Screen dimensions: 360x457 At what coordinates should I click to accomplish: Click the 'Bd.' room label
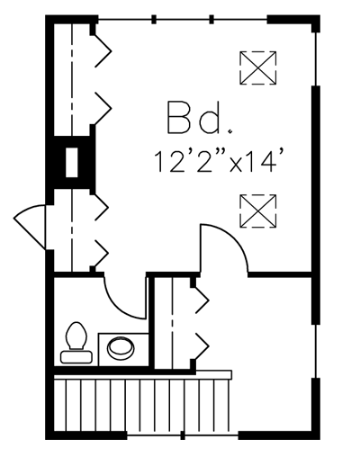(199, 118)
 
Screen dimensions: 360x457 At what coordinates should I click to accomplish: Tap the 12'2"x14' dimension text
(219, 162)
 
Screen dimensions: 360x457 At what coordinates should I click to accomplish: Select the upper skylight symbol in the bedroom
(257, 68)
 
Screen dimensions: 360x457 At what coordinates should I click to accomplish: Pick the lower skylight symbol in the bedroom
(257, 211)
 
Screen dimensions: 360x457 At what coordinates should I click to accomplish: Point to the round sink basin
(121, 348)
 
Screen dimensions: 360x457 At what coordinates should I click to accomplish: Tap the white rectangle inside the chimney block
(72, 162)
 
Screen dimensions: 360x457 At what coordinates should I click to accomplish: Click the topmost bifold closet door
(103, 51)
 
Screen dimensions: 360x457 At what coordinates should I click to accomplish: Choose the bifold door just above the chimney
(103, 109)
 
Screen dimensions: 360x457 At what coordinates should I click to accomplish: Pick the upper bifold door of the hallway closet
(202, 300)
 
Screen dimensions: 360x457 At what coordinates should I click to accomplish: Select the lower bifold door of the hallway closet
(202, 345)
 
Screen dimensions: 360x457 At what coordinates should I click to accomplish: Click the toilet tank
(76, 357)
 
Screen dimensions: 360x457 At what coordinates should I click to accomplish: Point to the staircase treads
(142, 406)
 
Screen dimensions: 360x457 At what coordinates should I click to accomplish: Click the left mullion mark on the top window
(154, 20)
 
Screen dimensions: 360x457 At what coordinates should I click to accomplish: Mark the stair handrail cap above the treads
(213, 374)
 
